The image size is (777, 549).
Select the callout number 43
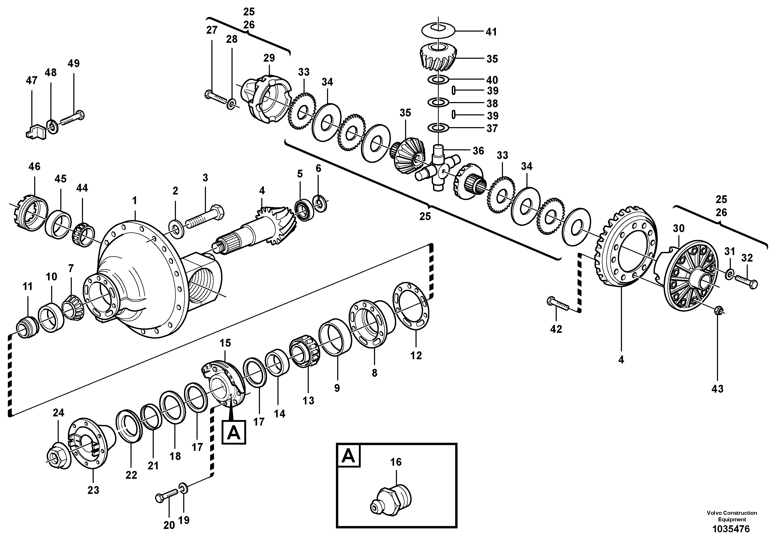tap(717, 389)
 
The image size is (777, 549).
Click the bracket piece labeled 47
tap(35, 131)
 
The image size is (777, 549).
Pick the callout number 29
tap(269, 58)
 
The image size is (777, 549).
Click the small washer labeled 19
tap(183, 488)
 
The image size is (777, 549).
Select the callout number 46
tap(34, 167)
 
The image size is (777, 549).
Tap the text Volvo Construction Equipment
tap(731, 516)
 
